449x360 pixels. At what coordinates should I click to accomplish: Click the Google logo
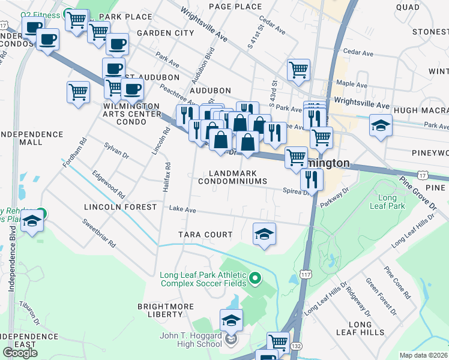20,353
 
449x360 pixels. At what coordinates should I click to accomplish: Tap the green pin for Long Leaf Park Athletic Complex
255,278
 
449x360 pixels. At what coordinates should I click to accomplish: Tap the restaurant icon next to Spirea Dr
312,178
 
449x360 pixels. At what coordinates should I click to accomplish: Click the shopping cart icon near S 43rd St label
298,70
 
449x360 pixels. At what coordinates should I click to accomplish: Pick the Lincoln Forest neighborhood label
120,207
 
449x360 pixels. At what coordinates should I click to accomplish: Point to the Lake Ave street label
182,210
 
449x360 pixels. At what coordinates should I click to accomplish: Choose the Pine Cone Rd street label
397,282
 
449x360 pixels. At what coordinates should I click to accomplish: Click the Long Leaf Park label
391,202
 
